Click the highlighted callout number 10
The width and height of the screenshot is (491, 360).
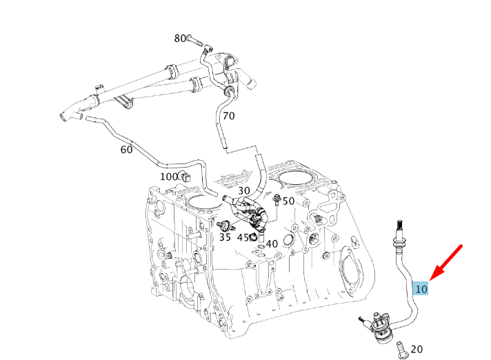[x=421, y=288]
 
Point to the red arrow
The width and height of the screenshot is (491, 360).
[x=445, y=262]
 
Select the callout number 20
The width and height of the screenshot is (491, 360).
[x=417, y=350]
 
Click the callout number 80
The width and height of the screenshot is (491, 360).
[x=180, y=39]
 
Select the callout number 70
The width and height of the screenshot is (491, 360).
[x=228, y=116]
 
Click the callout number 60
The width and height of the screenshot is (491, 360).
[x=126, y=150]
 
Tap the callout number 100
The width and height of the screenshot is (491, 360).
[x=170, y=177]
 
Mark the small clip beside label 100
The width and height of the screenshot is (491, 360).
[x=186, y=177]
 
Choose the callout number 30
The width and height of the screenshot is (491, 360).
[x=244, y=191]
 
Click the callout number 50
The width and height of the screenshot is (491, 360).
[x=288, y=201]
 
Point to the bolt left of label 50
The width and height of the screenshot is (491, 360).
[x=277, y=201]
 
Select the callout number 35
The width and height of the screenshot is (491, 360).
[x=225, y=237]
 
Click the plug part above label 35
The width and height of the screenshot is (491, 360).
[x=223, y=225]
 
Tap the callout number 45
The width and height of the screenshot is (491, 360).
[x=243, y=238]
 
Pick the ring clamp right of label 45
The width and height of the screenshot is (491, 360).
[x=254, y=238]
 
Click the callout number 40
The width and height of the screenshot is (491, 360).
[x=272, y=243]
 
